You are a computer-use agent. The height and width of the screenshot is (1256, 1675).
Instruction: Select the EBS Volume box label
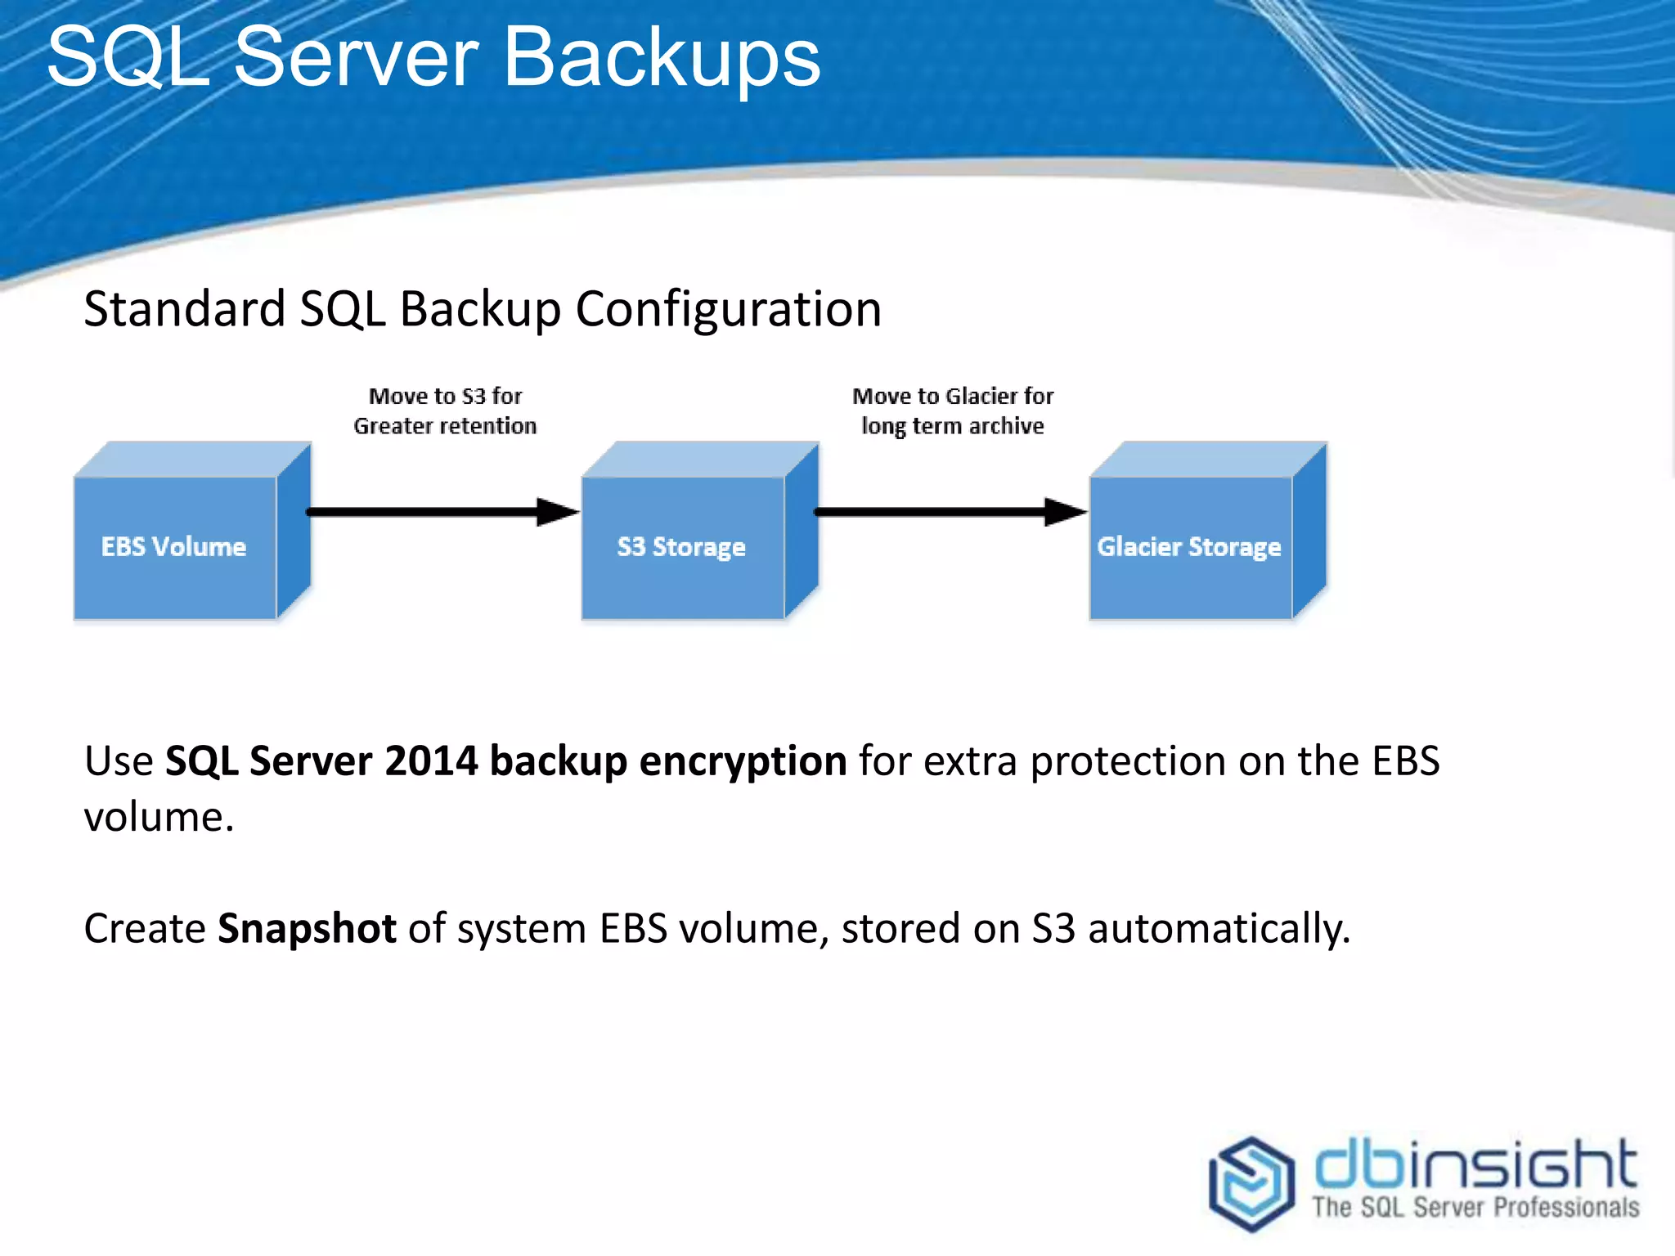coord(173,546)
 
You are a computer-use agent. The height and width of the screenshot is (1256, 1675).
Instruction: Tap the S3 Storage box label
coord(680,546)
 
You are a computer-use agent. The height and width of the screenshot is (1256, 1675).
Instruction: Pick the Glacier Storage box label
coord(1188,546)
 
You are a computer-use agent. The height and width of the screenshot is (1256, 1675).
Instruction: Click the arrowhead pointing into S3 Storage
coord(558,512)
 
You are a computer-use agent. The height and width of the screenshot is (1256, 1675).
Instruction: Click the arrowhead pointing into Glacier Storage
coord(1066,512)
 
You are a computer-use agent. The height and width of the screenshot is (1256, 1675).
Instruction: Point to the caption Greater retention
coord(445,426)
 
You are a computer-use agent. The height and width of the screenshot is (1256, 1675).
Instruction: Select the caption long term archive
coord(952,426)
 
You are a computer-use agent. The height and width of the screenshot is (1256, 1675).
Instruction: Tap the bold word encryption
coord(742,761)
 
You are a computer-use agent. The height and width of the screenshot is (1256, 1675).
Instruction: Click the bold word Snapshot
coord(307,929)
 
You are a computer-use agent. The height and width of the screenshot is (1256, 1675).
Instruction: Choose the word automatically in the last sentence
coord(1218,929)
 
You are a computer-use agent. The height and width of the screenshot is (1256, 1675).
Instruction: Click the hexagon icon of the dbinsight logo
coord(1251,1183)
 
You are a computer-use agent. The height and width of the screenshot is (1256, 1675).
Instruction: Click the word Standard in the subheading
coord(184,309)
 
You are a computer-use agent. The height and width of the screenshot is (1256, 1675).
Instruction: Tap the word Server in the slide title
coord(356,57)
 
